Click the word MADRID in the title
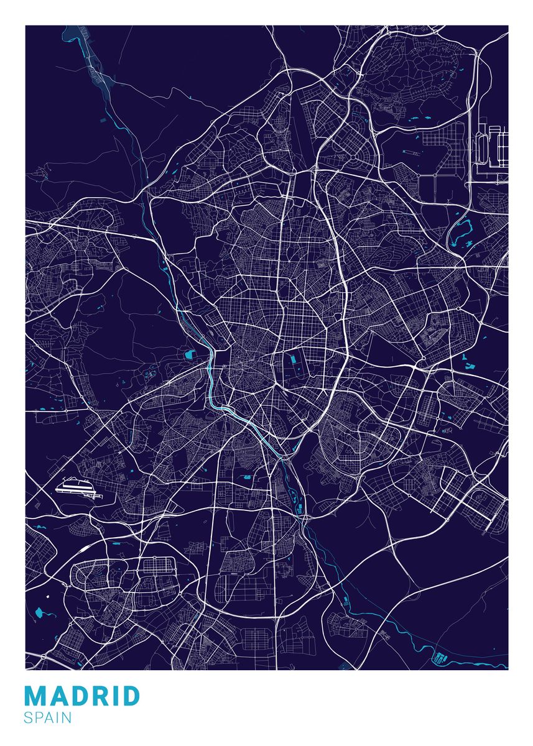(x=82, y=696)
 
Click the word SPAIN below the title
(x=48, y=718)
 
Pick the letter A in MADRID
(x=56, y=696)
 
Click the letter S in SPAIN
(x=28, y=718)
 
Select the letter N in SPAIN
(x=67, y=718)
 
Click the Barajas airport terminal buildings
(x=494, y=147)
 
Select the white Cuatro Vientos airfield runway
(x=76, y=488)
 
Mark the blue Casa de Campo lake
(x=189, y=356)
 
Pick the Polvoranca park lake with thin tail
(x=41, y=612)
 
